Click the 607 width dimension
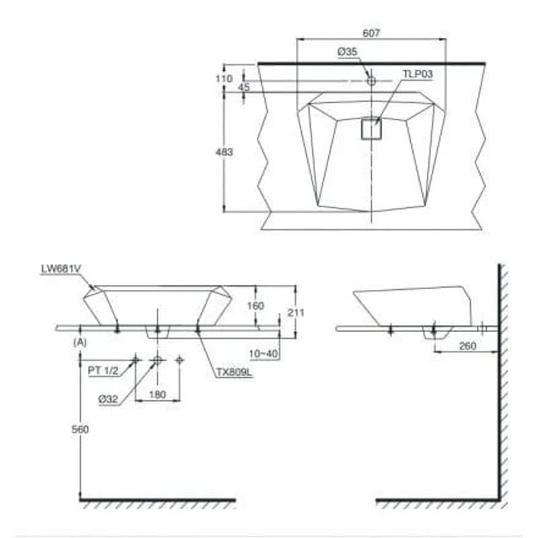[371, 33]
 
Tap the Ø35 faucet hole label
[347, 52]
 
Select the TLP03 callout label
[418, 74]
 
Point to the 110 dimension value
[224, 79]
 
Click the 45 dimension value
[243, 87]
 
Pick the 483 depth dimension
[224, 152]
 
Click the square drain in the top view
[372, 128]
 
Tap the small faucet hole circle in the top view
[371, 81]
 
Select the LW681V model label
[61, 268]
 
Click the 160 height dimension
[256, 306]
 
